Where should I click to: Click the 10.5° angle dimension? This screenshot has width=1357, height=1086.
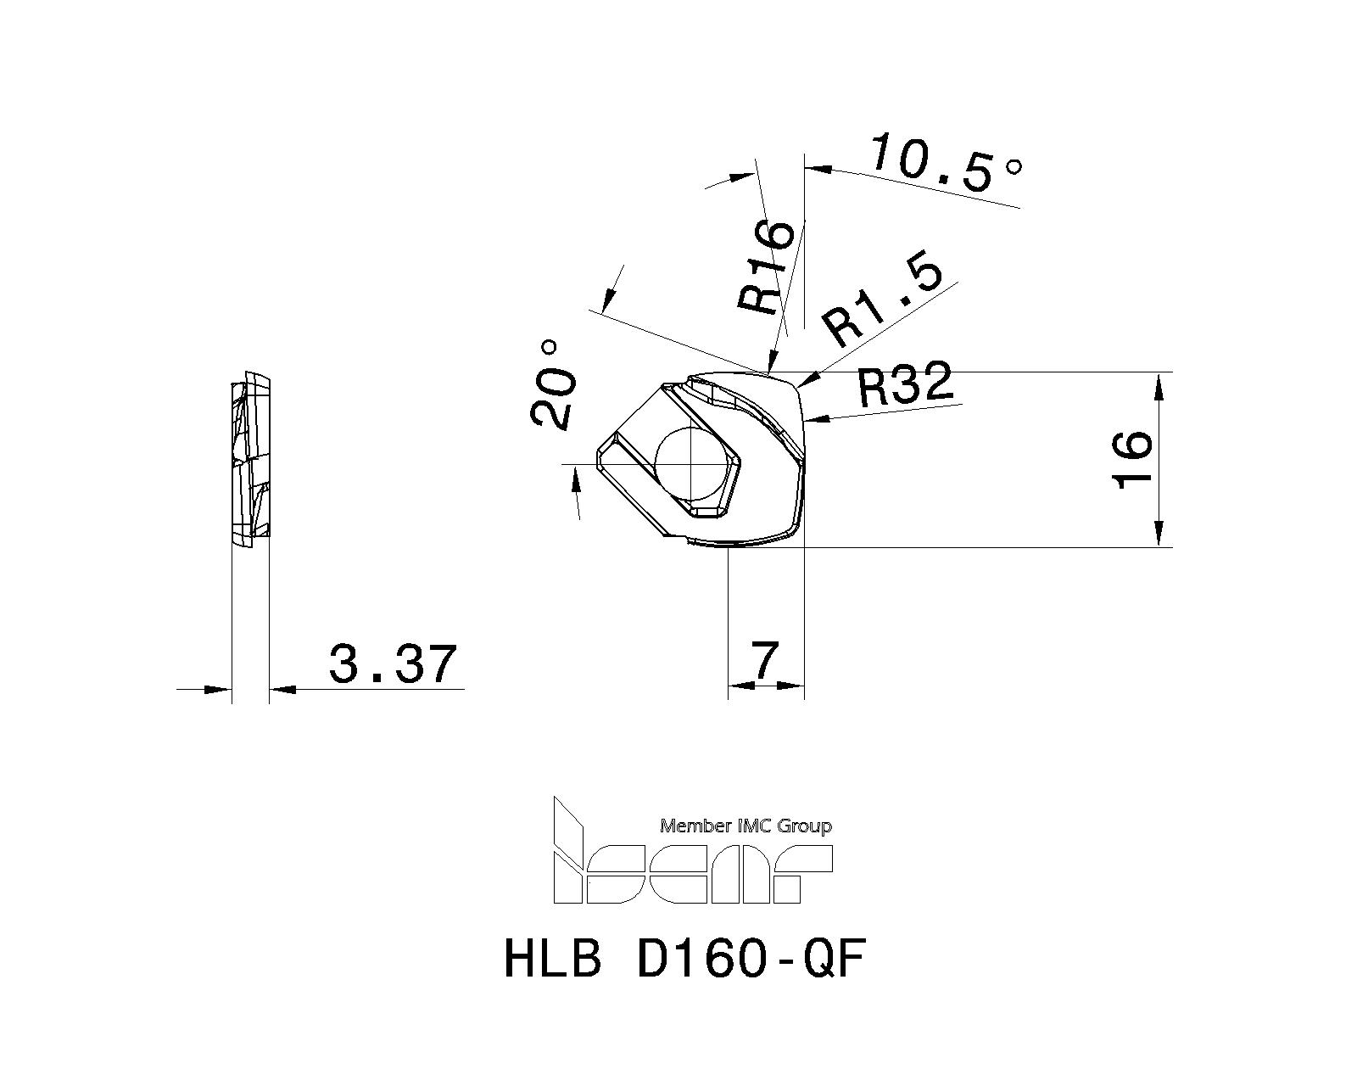(x=945, y=164)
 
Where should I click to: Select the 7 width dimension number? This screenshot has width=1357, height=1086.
(x=766, y=660)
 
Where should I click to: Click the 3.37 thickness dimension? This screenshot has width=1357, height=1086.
(x=392, y=664)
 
